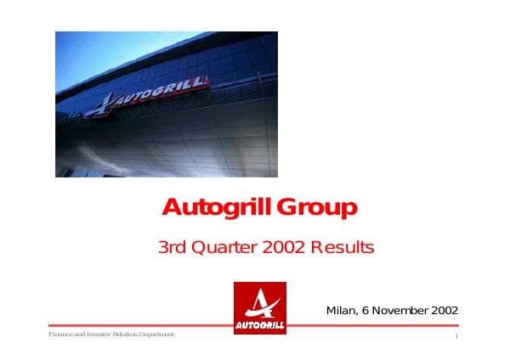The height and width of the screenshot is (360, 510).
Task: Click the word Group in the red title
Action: click(x=319, y=208)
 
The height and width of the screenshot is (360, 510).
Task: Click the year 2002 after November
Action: click(x=444, y=310)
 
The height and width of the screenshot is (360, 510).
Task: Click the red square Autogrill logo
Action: click(x=259, y=307)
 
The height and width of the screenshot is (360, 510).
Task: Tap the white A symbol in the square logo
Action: click(x=259, y=301)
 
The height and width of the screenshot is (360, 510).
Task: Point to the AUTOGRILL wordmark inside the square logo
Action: click(x=259, y=325)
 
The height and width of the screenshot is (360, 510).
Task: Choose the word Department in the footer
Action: click(x=155, y=335)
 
